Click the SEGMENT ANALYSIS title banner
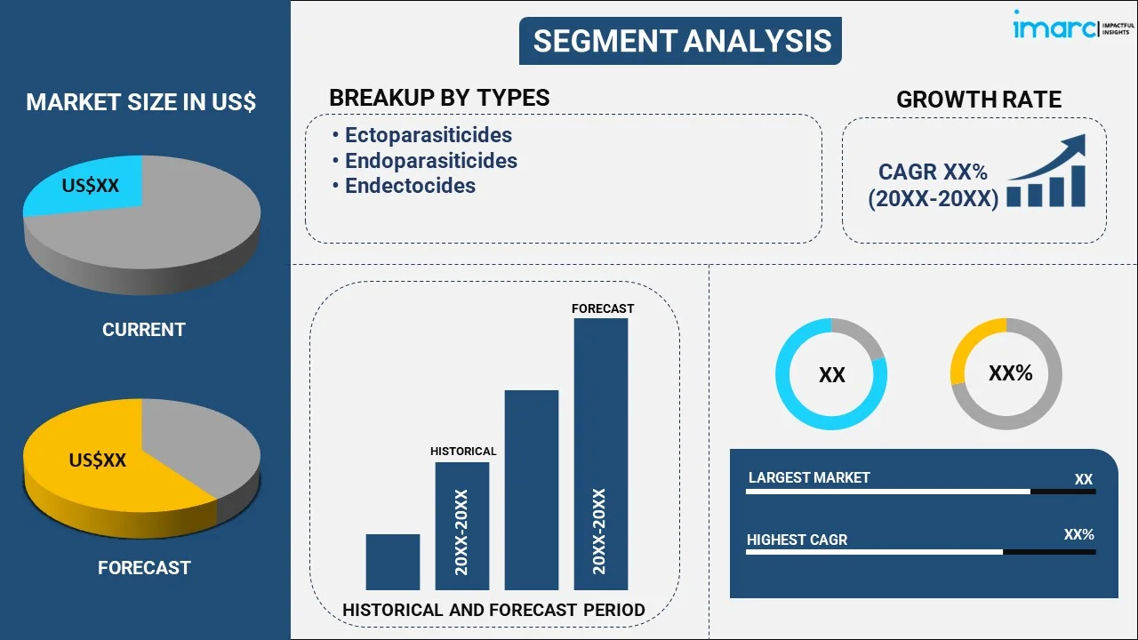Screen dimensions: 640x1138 pos(681,41)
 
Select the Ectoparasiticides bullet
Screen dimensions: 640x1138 pos(428,135)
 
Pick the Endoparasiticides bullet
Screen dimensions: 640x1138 pos(430,161)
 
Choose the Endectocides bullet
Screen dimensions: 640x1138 pos(410,186)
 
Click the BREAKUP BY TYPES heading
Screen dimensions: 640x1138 pos(439,98)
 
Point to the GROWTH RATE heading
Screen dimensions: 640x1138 pos(978,100)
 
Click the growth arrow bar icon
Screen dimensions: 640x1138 pos(1046,172)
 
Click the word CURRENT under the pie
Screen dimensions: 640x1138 pos(143,330)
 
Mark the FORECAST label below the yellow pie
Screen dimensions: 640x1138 pos(144,567)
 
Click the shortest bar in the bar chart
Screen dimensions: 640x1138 pos(392,562)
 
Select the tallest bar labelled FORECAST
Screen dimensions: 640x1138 pos(601,453)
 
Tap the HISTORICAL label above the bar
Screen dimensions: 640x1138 pos(463,452)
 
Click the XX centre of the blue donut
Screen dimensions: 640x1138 pos(831,375)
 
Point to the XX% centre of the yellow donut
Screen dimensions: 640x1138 pos(1010,373)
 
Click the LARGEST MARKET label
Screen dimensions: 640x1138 pos(809,478)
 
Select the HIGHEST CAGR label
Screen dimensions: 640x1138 pos(797,540)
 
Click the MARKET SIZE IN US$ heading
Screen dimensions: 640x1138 pos(141,102)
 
